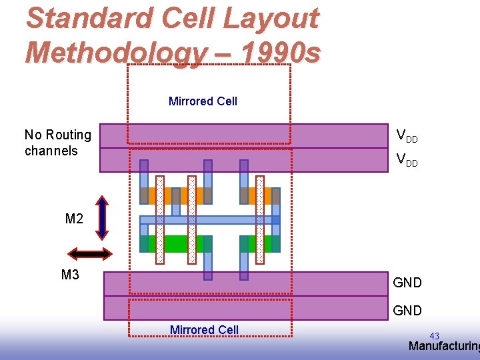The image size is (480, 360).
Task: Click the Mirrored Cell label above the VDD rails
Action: click(x=203, y=101)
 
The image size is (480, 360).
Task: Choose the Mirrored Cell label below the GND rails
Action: click(x=204, y=330)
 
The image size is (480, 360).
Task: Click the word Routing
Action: click(x=68, y=135)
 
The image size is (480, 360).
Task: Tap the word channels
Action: click(x=51, y=151)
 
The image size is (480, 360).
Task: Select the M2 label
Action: click(x=74, y=219)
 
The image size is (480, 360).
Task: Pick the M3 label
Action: click(x=70, y=274)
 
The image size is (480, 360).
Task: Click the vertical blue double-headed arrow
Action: click(x=101, y=217)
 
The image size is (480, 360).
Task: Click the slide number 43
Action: click(x=434, y=336)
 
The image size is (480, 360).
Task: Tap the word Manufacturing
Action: click(x=443, y=346)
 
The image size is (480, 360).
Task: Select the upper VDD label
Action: click(x=407, y=136)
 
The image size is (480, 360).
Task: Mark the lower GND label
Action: click(x=407, y=311)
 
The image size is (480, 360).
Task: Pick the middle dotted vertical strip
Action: click(x=192, y=219)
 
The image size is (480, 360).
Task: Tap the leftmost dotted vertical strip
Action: click(x=160, y=219)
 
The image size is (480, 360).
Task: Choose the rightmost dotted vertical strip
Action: click(x=260, y=219)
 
